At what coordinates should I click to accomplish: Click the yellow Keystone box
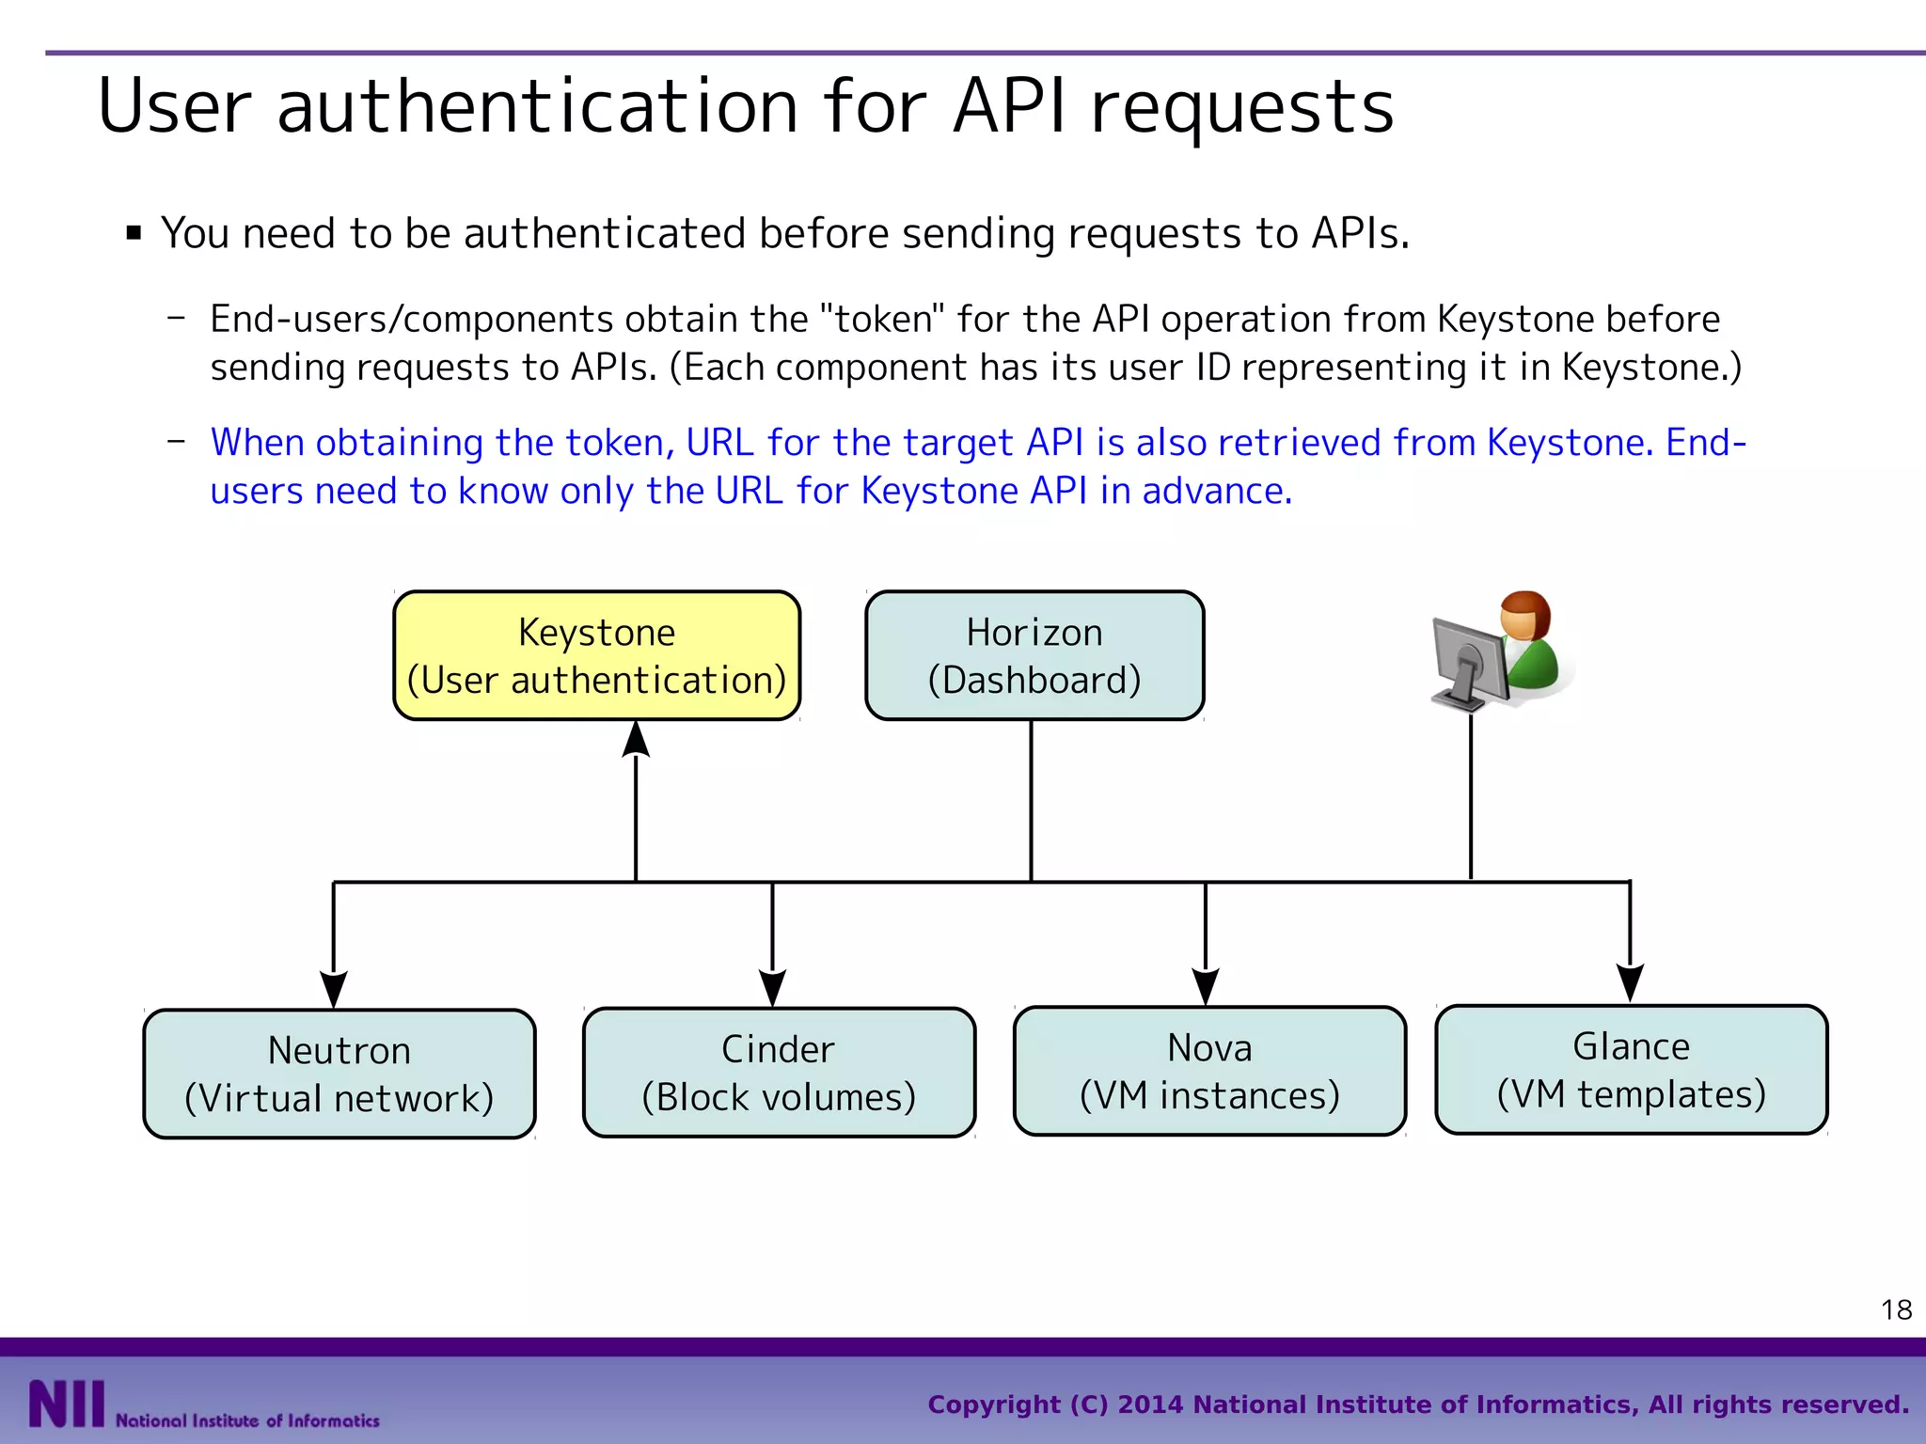[x=596, y=655]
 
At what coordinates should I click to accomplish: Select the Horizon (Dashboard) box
[x=1034, y=655]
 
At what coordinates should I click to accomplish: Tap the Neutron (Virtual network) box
[x=339, y=1074]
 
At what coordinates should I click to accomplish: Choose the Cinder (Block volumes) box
[x=778, y=1073]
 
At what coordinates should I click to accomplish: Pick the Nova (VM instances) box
[x=1209, y=1071]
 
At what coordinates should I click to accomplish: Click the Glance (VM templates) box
[x=1631, y=1069]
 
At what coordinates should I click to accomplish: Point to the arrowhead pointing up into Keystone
[x=637, y=740]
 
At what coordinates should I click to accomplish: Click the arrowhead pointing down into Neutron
[x=334, y=989]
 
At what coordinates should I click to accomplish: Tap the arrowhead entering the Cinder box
[x=772, y=987]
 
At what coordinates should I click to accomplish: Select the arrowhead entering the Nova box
[x=1206, y=986]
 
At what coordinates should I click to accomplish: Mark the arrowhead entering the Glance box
[x=1630, y=982]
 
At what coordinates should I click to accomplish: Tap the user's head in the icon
[x=1523, y=616]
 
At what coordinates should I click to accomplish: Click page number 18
[x=1896, y=1310]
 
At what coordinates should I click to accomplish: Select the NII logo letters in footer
[x=66, y=1404]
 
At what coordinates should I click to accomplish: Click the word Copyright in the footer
[x=993, y=1405]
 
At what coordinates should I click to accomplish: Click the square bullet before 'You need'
[x=134, y=233]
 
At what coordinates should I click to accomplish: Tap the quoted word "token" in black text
[x=882, y=320]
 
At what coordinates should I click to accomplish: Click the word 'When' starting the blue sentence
[x=252, y=443]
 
